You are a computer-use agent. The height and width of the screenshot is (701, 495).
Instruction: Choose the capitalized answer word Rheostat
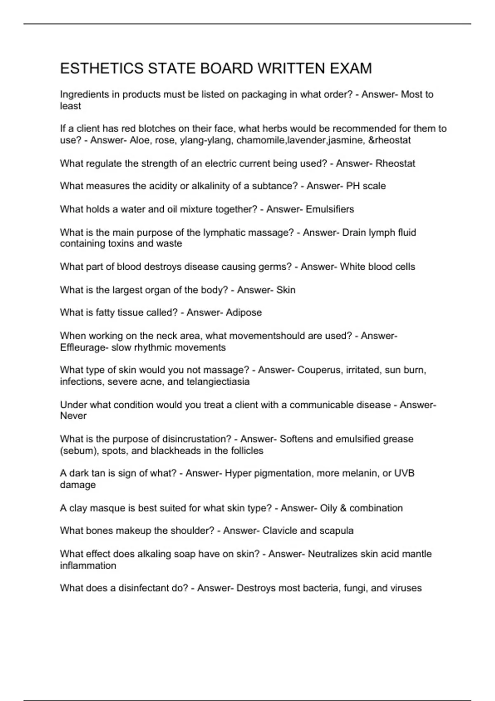tap(395, 163)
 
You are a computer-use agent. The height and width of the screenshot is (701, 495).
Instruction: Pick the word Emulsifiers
tap(330, 209)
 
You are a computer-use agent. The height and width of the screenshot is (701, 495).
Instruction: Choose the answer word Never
tap(73, 416)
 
